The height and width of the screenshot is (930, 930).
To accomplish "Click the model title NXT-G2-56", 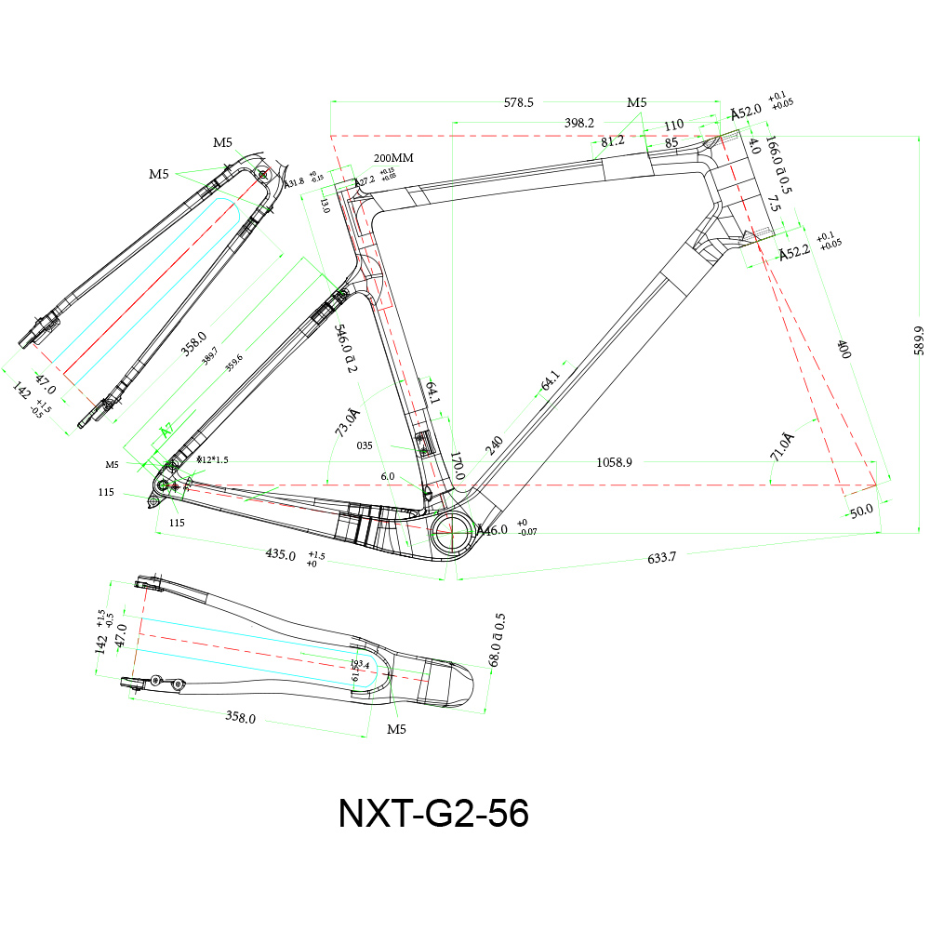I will [433, 814].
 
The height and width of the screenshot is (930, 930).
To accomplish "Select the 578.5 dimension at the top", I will [519, 102].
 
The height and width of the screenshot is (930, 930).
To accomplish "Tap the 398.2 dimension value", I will [579, 123].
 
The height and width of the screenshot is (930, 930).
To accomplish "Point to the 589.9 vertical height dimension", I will [919, 340].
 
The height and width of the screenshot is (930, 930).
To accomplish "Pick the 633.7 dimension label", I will [661, 558].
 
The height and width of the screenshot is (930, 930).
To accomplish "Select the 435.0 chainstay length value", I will [280, 555].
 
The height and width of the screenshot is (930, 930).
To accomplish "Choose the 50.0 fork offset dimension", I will [860, 511].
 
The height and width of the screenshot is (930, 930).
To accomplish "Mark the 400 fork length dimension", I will [844, 350].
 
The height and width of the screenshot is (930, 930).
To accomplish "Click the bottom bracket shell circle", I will [452, 528].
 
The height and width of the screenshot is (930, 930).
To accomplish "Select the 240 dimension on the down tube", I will [492, 445].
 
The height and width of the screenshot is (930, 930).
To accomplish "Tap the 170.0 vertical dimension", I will [457, 466].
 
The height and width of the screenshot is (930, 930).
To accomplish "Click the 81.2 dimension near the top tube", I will [612, 141].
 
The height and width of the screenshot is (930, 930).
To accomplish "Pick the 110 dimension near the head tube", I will [673, 125].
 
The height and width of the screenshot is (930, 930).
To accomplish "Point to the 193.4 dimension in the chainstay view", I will [360, 665].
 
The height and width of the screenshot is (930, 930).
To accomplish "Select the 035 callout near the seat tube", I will [365, 445].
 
